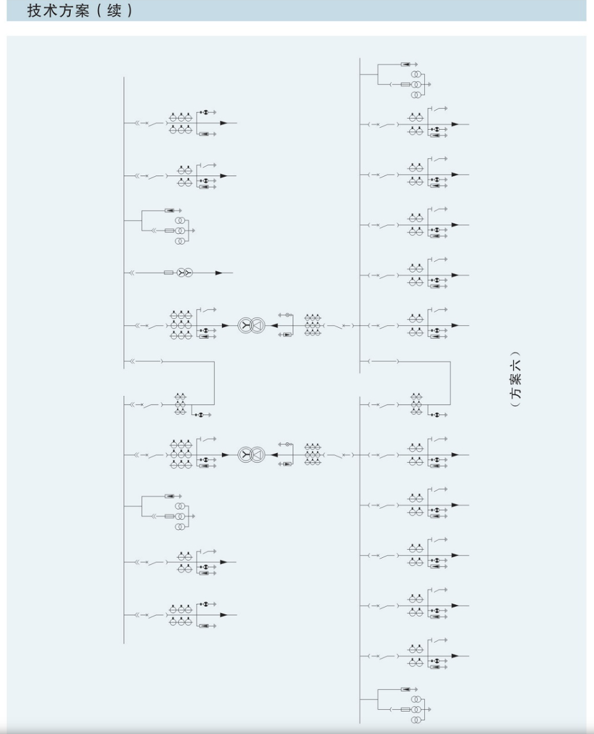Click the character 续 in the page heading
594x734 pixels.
tap(113, 11)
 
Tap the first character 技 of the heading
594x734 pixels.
tap(35, 11)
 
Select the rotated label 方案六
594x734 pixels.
tap(515, 379)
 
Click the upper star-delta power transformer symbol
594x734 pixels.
tap(252, 325)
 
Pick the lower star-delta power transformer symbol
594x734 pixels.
tap(252, 455)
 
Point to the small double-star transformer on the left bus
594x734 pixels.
tap(185, 272)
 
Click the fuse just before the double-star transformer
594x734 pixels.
tap(169, 272)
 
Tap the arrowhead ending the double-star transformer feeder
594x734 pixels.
tap(218, 272)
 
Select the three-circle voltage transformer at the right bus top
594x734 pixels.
tap(416, 85)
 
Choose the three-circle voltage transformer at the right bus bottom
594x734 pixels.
tap(416, 710)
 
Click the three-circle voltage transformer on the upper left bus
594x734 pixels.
tap(180, 230)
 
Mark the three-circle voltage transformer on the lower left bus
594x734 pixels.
tap(180, 516)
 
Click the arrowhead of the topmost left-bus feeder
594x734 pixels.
tap(224, 123)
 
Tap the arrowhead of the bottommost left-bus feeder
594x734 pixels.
tap(224, 615)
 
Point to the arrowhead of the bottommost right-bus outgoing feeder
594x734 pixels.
tap(455, 656)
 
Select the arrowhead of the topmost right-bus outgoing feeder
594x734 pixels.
tap(455, 125)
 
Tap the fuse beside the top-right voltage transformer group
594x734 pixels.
tap(406, 85)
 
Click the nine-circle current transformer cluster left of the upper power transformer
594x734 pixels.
tap(180, 325)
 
